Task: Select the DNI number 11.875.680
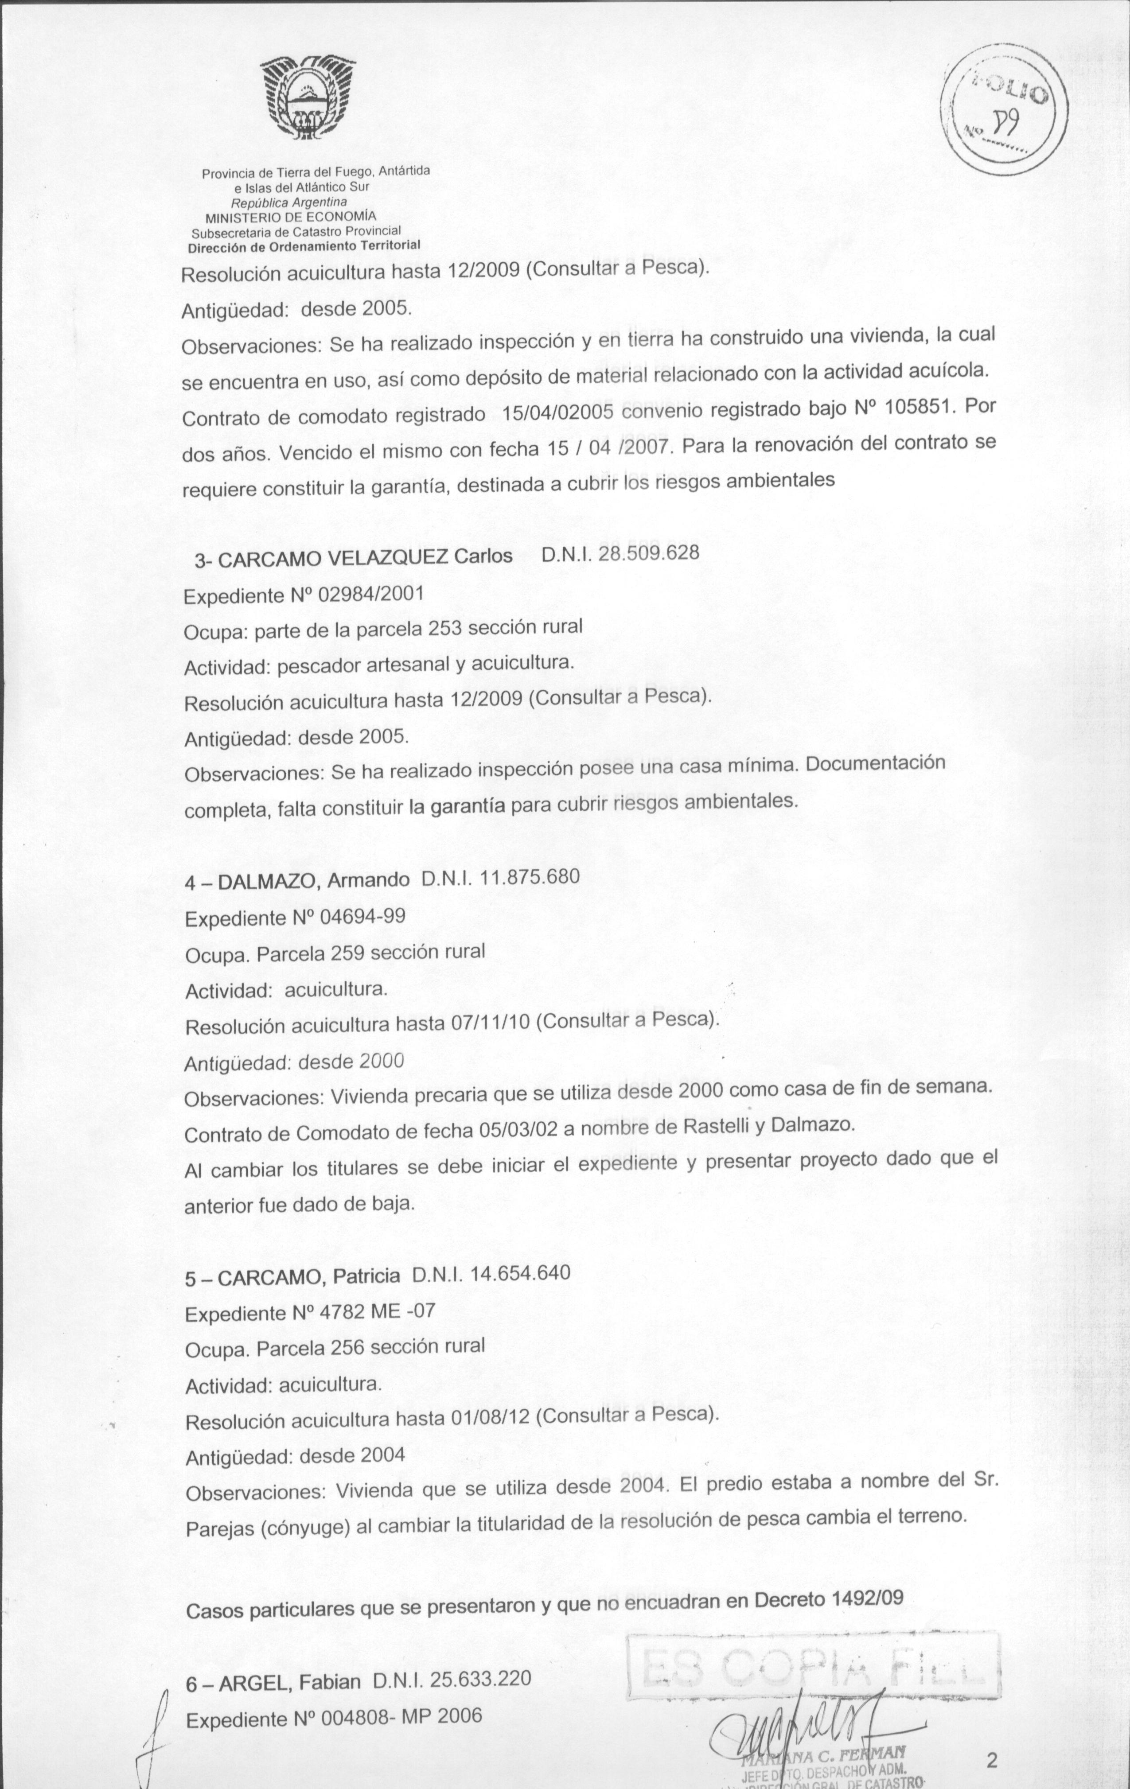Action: [x=529, y=877]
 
